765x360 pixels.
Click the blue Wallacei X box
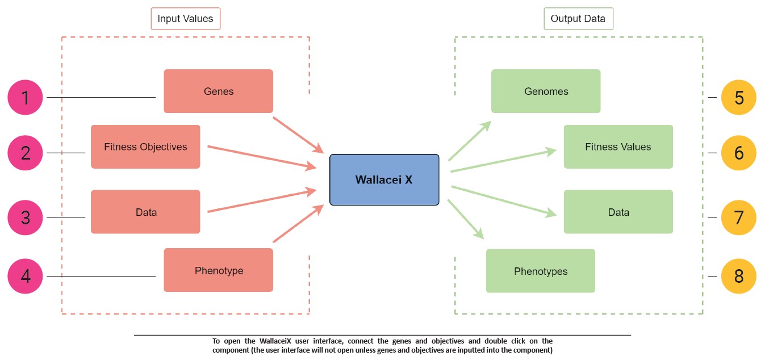384,179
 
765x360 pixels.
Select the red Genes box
218,91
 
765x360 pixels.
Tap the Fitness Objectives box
145,146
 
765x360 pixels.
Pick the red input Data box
145,212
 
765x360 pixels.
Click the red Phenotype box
218,270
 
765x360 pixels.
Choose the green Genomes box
545,91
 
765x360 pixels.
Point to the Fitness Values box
618,146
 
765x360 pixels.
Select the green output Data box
618,212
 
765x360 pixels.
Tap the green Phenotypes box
540,271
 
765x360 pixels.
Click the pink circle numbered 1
26,98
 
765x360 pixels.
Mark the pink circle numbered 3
26,217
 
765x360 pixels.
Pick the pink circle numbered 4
26,276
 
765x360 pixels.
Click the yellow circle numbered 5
738,98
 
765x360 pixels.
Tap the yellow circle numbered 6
738,153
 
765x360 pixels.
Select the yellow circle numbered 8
738,276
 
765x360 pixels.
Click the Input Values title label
185,19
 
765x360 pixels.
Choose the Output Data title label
578,19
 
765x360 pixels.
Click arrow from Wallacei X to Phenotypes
465,219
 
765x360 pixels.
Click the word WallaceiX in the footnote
277,341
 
